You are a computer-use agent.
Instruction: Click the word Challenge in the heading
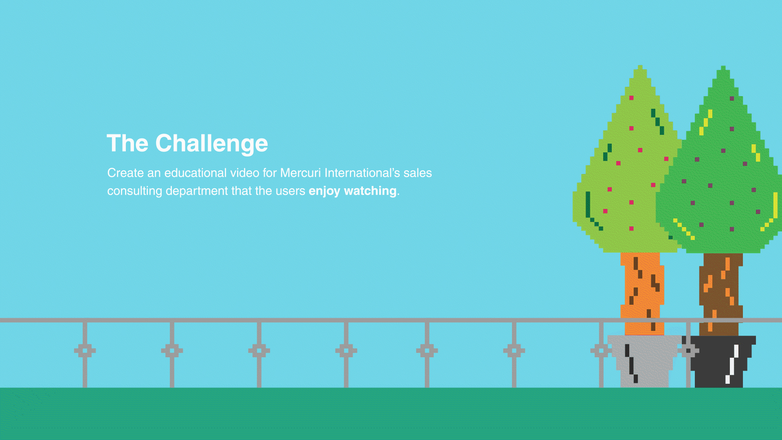211,144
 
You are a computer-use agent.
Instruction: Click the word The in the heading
127,143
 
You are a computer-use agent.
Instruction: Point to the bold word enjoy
324,191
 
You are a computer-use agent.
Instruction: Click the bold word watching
370,191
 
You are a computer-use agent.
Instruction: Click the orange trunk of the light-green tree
642,293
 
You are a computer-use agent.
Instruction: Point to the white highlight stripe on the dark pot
732,364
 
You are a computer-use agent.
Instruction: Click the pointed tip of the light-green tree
640,66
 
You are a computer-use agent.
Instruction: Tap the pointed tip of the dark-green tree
723,66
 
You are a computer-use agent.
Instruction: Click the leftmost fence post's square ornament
85,350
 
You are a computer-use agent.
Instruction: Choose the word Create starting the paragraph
125,173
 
